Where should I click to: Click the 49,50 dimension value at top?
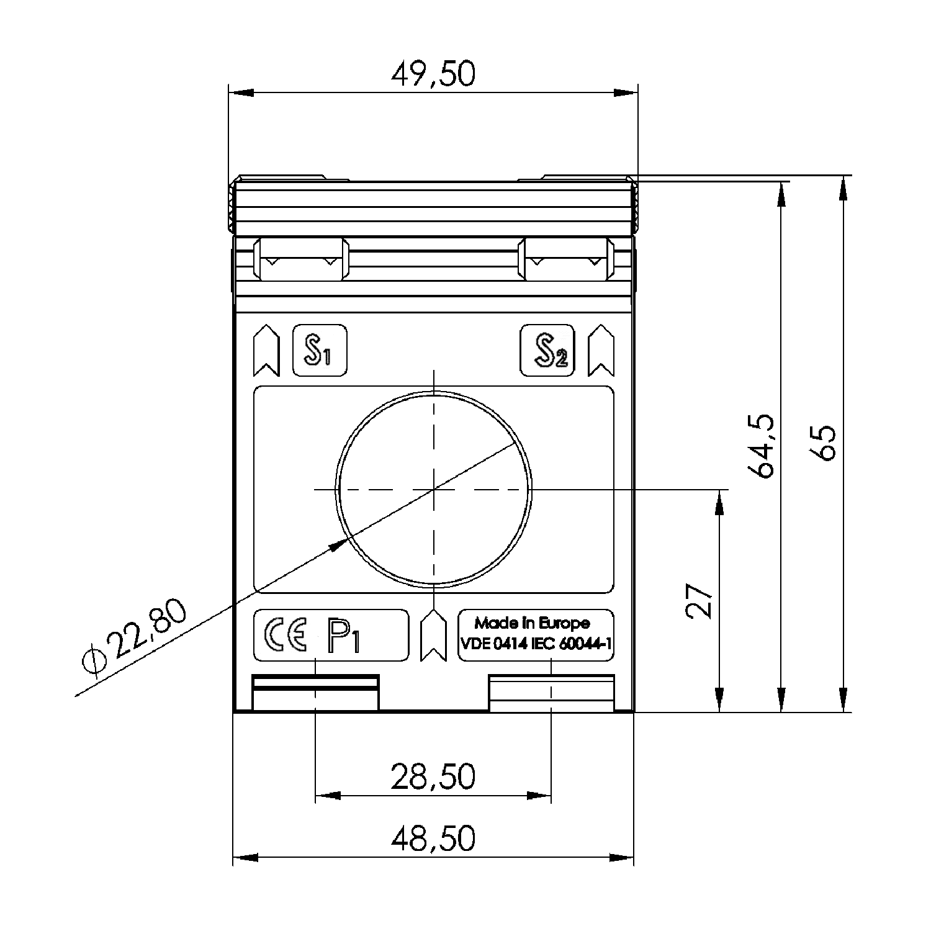pos(433,74)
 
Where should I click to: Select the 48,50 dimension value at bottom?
pos(433,838)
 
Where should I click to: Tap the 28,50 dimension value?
pos(433,776)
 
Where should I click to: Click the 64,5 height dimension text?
pos(760,445)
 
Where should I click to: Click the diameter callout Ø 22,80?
pos(134,636)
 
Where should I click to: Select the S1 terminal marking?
pos(319,351)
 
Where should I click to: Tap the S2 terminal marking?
pos(547,351)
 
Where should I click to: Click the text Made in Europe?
pos(532,623)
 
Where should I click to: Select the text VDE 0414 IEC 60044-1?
pos(536,644)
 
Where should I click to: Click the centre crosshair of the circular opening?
pos(434,489)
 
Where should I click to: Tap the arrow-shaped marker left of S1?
pos(267,351)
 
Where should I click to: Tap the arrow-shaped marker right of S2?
pos(600,351)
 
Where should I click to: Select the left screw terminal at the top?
pos(301,259)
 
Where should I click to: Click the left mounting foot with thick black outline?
pos(315,692)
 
